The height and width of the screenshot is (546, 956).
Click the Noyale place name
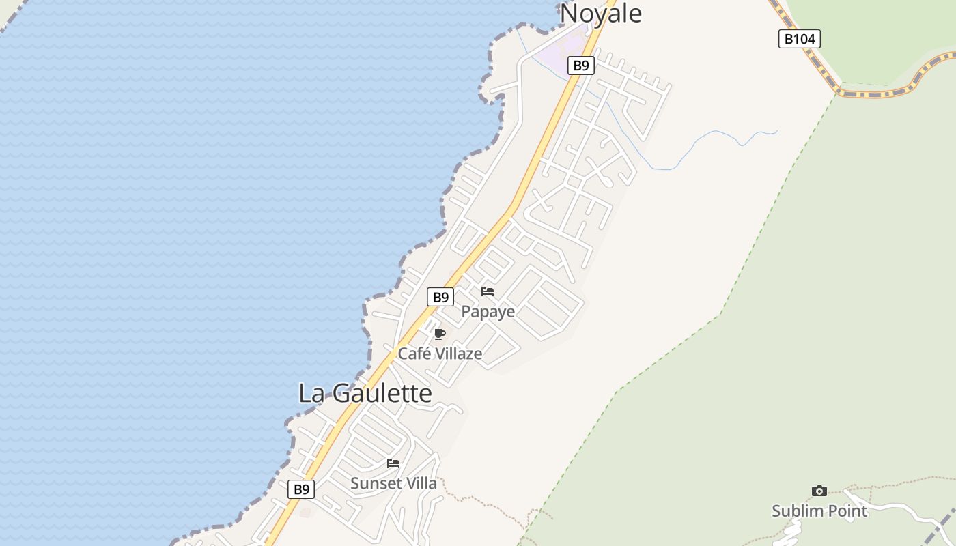click(601, 12)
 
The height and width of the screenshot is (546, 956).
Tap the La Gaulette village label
click(365, 393)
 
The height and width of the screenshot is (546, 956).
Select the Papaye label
click(488, 312)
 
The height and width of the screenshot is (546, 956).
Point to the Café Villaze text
click(440, 354)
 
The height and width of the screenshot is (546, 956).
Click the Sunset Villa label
click(393, 483)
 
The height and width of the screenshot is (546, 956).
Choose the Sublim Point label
click(819, 511)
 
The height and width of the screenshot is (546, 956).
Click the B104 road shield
click(799, 39)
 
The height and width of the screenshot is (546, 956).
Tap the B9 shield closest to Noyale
click(580, 66)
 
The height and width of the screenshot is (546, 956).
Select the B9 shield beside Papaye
click(440, 297)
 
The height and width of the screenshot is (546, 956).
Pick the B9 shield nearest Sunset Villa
click(301, 489)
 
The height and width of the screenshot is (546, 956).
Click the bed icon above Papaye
click(488, 291)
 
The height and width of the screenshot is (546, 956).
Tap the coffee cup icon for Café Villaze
click(440, 334)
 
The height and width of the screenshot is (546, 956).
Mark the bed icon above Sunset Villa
click(393, 463)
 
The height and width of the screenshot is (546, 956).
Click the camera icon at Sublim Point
click(819, 491)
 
